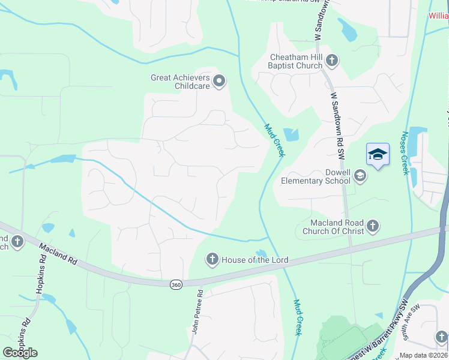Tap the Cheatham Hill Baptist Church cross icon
(x=332, y=60)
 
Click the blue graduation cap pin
(x=378, y=154)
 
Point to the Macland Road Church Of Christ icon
(x=373, y=226)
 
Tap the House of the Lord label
(x=255, y=260)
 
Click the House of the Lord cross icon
(x=212, y=259)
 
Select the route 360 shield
(x=175, y=284)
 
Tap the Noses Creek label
(x=406, y=153)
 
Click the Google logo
(x=20, y=352)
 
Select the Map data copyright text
(x=424, y=355)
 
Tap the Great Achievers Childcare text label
(x=180, y=82)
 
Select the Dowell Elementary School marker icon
(x=360, y=175)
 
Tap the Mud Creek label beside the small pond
(x=274, y=140)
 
